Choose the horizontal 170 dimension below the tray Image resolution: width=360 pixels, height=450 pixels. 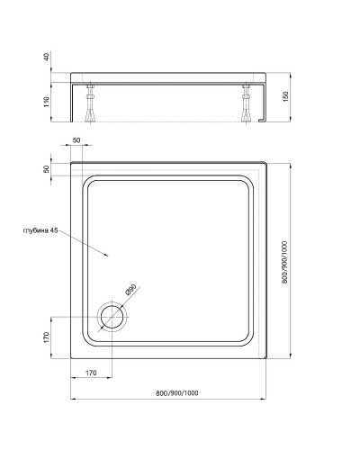tap(92, 371)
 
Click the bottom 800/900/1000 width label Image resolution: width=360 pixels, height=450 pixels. tap(171, 392)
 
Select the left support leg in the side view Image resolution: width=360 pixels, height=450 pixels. tap(91, 103)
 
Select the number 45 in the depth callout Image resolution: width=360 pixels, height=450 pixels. tap(55, 231)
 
